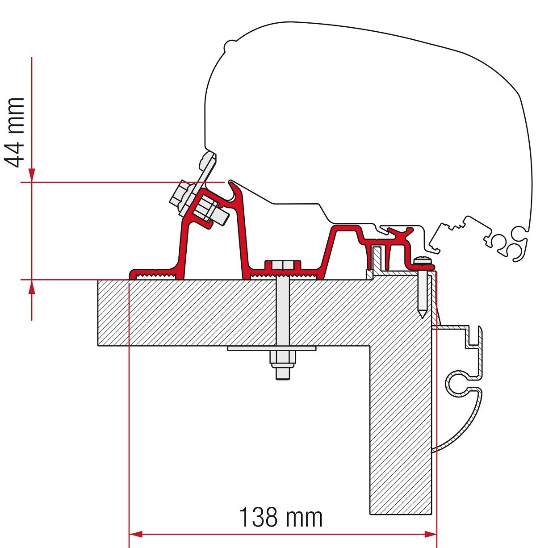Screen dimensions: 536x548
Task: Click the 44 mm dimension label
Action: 14,133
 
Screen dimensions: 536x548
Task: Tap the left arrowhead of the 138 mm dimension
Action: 135,534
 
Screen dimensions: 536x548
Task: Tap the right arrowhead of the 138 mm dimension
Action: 431,534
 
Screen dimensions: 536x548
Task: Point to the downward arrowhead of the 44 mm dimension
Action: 32,175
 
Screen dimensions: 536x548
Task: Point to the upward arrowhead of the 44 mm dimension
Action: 32,287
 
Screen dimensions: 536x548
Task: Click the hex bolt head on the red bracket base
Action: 283,265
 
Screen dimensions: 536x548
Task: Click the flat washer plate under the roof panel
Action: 272,348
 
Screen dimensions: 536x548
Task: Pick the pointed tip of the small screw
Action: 423,318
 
